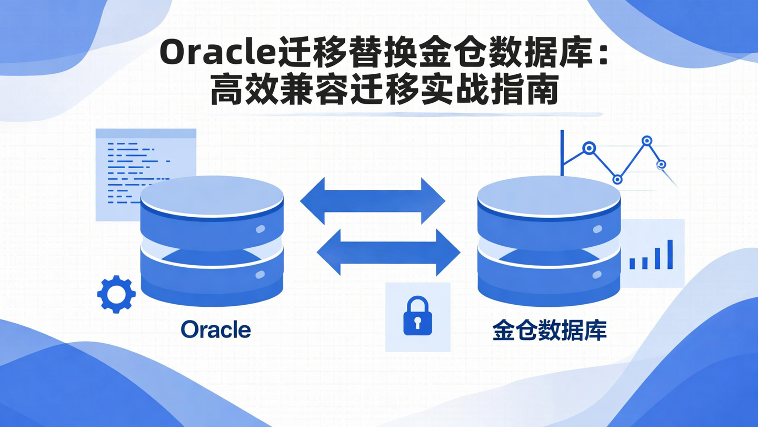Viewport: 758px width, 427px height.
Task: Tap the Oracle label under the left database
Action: pos(216,330)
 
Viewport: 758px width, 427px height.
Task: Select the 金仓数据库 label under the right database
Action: pos(550,331)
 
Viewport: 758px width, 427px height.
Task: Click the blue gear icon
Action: pos(116,294)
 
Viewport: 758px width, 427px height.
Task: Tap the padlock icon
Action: pos(417,316)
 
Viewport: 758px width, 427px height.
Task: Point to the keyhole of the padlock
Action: pos(417,322)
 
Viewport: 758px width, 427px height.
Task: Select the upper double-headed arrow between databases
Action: pos(373,201)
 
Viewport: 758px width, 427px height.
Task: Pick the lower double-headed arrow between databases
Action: pos(388,251)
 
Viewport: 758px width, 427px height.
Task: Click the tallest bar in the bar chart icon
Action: pos(670,255)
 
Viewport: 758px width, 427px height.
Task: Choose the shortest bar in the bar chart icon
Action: pos(632,264)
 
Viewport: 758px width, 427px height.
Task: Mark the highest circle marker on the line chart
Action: pos(647,141)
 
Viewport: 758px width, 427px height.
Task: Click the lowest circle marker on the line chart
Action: pos(617,179)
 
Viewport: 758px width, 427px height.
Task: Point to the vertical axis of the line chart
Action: pos(562,153)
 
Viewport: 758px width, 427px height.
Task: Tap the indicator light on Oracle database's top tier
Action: pos(260,229)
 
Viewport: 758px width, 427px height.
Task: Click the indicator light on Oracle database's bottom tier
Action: pos(260,275)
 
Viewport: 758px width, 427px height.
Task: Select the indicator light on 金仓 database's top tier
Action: pos(597,229)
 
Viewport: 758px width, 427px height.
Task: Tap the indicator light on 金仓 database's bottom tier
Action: pos(597,275)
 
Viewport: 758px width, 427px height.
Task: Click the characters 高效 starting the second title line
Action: pos(240,91)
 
